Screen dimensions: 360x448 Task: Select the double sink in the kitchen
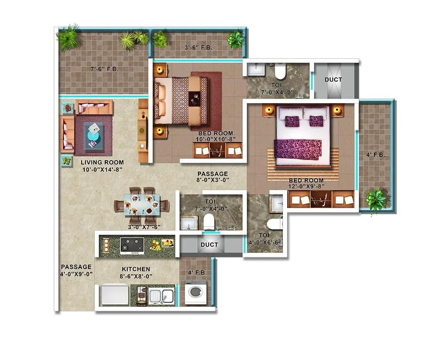tap(161, 296)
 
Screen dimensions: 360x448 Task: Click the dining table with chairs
tap(142, 206)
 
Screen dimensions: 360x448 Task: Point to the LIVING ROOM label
tap(102, 162)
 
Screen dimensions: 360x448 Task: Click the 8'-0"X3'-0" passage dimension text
tap(213, 180)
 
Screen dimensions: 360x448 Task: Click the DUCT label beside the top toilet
tap(333, 80)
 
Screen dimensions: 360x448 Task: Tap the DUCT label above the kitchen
tap(209, 245)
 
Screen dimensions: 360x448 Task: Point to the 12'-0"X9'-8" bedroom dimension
tap(306, 187)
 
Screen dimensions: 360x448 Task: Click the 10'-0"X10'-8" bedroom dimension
tap(217, 139)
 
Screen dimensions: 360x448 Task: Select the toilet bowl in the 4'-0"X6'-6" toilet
tap(274, 225)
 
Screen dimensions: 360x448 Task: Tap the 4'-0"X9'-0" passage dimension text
tap(77, 273)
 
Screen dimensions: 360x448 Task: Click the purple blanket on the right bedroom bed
tap(297, 149)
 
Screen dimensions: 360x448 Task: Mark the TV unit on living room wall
tap(143, 130)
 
